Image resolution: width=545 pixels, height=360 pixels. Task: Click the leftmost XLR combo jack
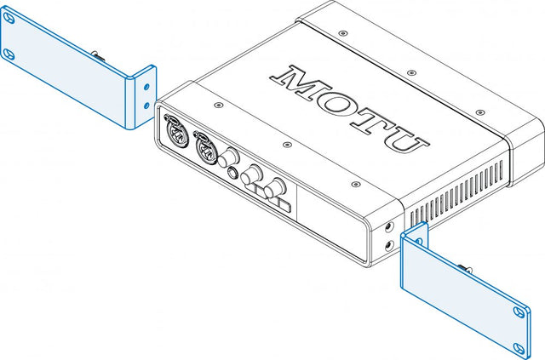(177, 130)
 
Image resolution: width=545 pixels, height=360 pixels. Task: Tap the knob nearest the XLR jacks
(228, 157)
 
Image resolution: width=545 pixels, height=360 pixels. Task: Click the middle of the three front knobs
(251, 174)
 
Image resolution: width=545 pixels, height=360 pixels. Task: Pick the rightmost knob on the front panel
(275, 189)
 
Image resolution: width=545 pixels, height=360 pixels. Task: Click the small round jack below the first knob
(232, 172)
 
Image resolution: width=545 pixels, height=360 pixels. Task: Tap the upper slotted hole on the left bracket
(9, 18)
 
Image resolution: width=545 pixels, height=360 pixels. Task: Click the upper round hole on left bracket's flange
(146, 86)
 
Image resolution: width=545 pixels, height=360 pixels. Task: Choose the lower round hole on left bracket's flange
(146, 105)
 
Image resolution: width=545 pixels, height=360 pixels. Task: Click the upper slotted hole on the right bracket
(519, 312)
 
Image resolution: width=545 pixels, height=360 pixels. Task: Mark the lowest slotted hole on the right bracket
(519, 349)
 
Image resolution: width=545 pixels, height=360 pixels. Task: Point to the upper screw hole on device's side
(389, 227)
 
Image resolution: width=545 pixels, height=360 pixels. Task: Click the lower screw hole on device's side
(389, 246)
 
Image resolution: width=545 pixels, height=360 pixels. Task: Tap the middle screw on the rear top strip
(411, 72)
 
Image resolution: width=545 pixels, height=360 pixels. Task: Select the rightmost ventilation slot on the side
(502, 170)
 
